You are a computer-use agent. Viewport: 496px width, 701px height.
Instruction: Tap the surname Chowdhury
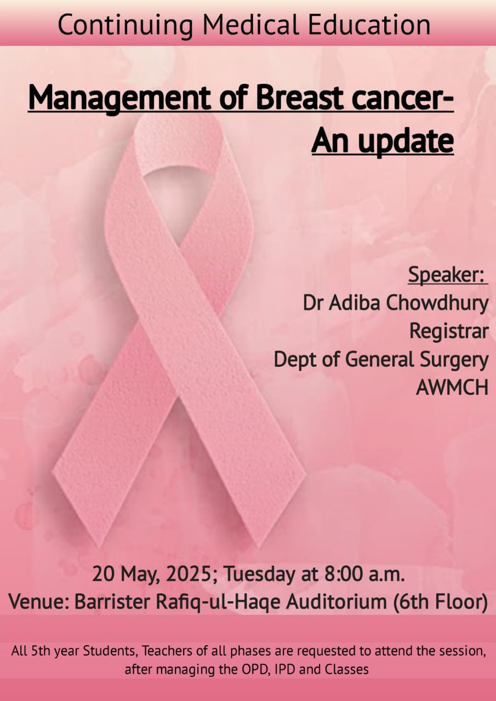(437, 304)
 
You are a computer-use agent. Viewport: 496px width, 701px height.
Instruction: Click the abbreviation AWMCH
(452, 387)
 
